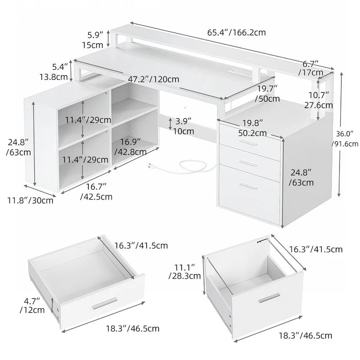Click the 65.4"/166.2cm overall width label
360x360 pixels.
click(x=236, y=32)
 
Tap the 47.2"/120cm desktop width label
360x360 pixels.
click(x=153, y=79)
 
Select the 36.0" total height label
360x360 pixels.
click(x=345, y=139)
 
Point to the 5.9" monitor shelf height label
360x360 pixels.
click(x=95, y=39)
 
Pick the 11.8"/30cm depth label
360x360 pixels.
click(x=31, y=200)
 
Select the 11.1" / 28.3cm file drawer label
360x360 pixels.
click(x=184, y=272)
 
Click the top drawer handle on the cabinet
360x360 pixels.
click(x=249, y=143)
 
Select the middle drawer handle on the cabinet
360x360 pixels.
click(x=249, y=162)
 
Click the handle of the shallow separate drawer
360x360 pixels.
click(x=104, y=305)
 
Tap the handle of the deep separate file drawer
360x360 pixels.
click(x=270, y=298)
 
